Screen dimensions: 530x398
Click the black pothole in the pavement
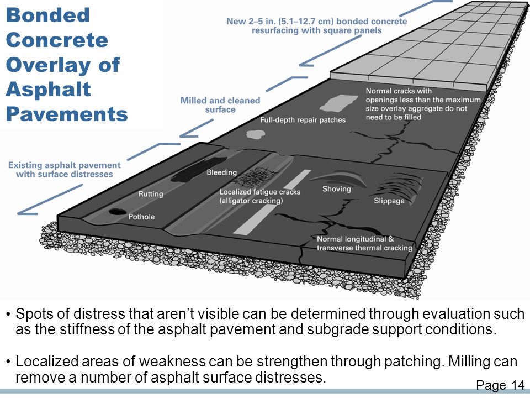coord(118,212)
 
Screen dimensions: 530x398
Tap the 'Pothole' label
coord(141,217)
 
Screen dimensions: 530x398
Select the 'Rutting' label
coord(151,194)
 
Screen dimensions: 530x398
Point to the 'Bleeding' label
coord(222,172)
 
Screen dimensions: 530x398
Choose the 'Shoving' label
coord(337,189)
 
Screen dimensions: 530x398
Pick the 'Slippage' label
coord(389,201)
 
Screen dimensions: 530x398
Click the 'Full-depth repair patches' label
coord(303,120)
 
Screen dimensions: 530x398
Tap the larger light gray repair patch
coord(338,103)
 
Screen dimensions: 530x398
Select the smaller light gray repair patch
coord(256,134)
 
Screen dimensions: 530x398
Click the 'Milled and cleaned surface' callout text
coord(220,105)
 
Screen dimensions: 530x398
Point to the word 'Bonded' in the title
coord(47,15)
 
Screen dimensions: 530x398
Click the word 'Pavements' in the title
coord(67,114)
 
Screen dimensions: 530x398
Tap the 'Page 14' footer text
coord(500,385)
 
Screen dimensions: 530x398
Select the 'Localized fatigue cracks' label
coord(259,192)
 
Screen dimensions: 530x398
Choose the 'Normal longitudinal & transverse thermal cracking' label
coord(364,243)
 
